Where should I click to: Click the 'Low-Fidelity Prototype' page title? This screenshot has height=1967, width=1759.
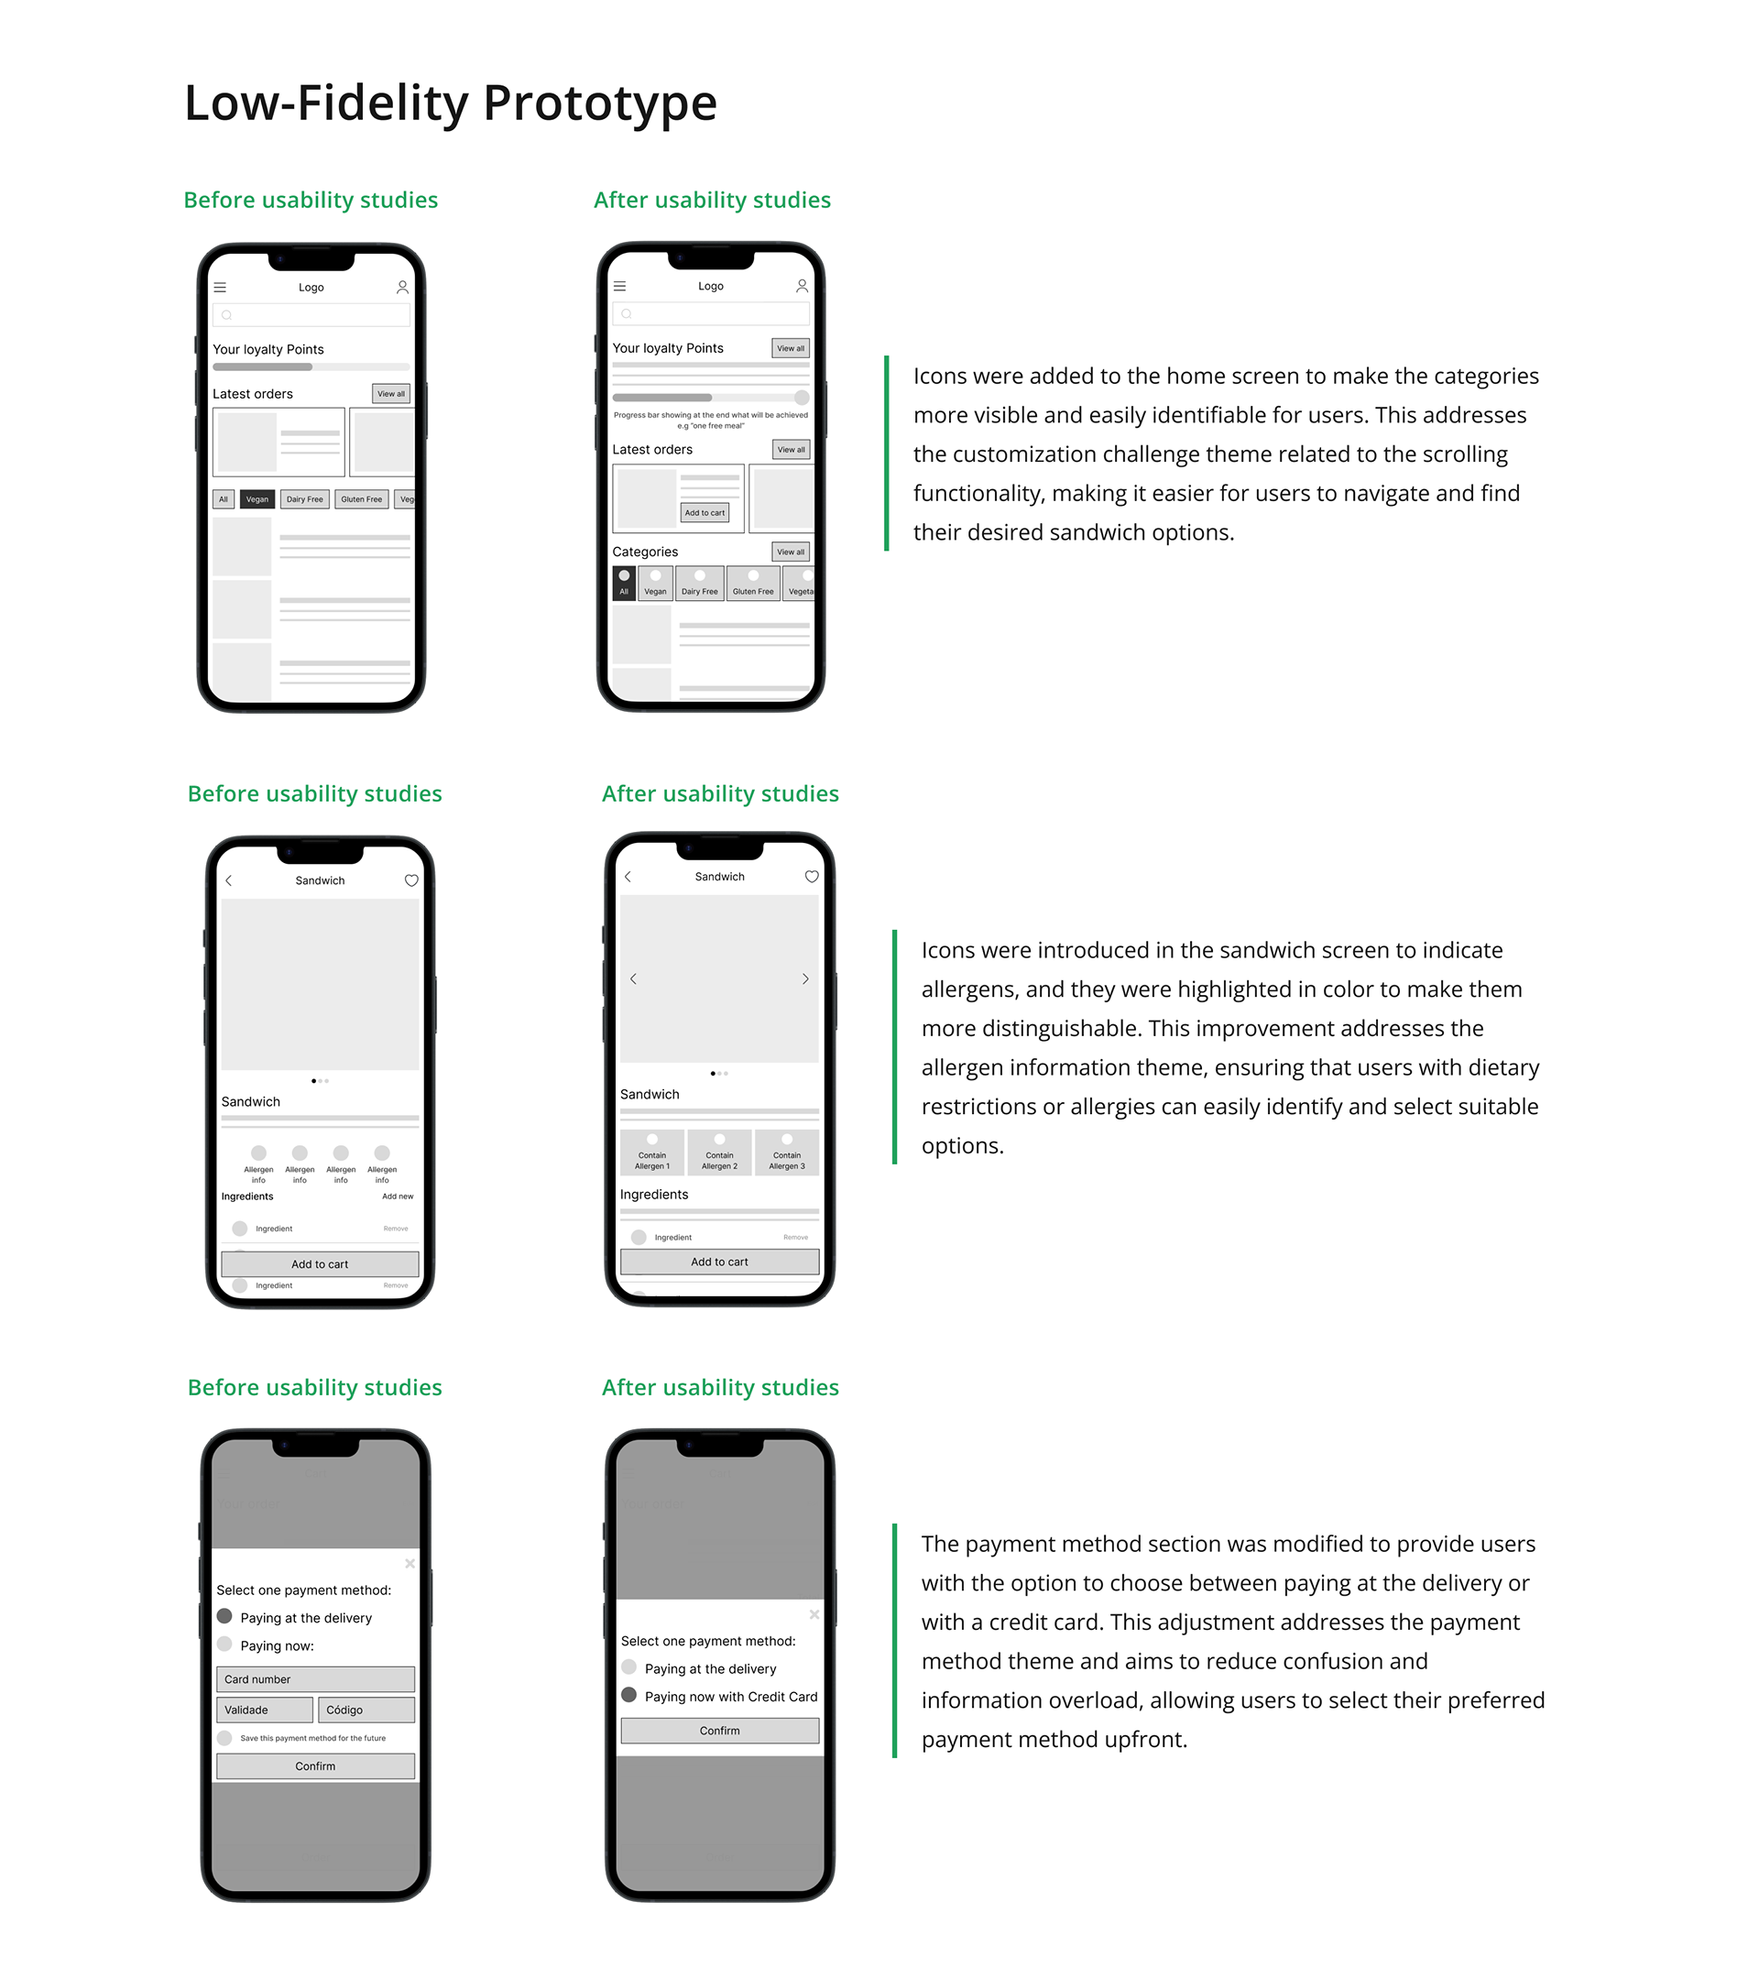[451, 104]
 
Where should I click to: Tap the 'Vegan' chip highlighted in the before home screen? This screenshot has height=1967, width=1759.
[257, 499]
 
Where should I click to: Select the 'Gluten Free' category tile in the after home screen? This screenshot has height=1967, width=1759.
[753, 584]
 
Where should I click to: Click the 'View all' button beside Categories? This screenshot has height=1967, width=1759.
[791, 552]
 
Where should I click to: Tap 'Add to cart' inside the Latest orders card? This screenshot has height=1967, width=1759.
[705, 513]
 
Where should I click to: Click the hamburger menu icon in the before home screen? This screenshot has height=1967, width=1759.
[221, 288]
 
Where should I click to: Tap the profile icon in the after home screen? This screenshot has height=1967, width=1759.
[802, 286]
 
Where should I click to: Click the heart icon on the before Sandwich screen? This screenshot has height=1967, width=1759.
[410, 880]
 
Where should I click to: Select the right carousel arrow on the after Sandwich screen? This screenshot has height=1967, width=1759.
[805, 979]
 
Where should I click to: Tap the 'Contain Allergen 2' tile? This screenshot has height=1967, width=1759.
[719, 1153]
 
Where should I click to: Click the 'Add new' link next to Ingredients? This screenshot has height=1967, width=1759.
[398, 1197]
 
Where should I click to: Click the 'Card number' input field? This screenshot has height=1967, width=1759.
[315, 1679]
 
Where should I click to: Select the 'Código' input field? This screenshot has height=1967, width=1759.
[366, 1710]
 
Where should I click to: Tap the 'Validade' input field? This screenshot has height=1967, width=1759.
[265, 1710]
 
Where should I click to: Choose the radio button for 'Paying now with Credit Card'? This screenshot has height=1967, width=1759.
[629, 1696]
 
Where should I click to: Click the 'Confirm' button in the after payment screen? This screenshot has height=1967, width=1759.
[719, 1731]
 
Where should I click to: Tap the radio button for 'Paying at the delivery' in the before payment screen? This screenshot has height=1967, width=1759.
[224, 1616]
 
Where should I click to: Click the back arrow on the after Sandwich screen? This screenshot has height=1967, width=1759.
[628, 877]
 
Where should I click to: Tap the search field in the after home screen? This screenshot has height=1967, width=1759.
[710, 314]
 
